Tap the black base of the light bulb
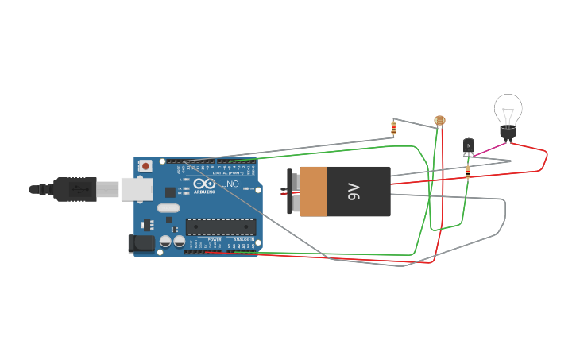click(x=508, y=133)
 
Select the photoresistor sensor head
click(x=439, y=121)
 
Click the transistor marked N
click(x=469, y=145)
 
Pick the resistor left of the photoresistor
click(x=393, y=127)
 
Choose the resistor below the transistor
click(x=467, y=170)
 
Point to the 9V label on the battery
click(x=354, y=192)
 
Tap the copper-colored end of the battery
click(x=312, y=192)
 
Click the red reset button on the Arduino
click(x=145, y=166)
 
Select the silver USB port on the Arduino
click(x=136, y=189)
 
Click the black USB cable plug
click(x=75, y=189)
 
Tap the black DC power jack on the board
click(x=141, y=244)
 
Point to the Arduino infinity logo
click(x=203, y=184)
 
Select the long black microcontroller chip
click(x=221, y=227)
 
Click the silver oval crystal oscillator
click(x=168, y=208)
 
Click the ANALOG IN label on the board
click(x=245, y=239)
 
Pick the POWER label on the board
click(x=215, y=239)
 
